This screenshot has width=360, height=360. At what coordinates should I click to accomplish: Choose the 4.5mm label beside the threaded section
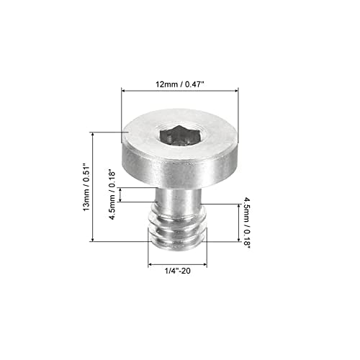click(247, 222)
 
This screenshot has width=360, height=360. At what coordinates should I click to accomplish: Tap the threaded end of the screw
click(179, 231)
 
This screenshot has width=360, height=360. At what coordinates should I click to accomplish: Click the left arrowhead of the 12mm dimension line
click(123, 91)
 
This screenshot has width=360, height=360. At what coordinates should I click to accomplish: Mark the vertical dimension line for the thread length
click(238, 222)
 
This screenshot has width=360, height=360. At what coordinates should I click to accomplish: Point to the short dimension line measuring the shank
click(121, 195)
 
